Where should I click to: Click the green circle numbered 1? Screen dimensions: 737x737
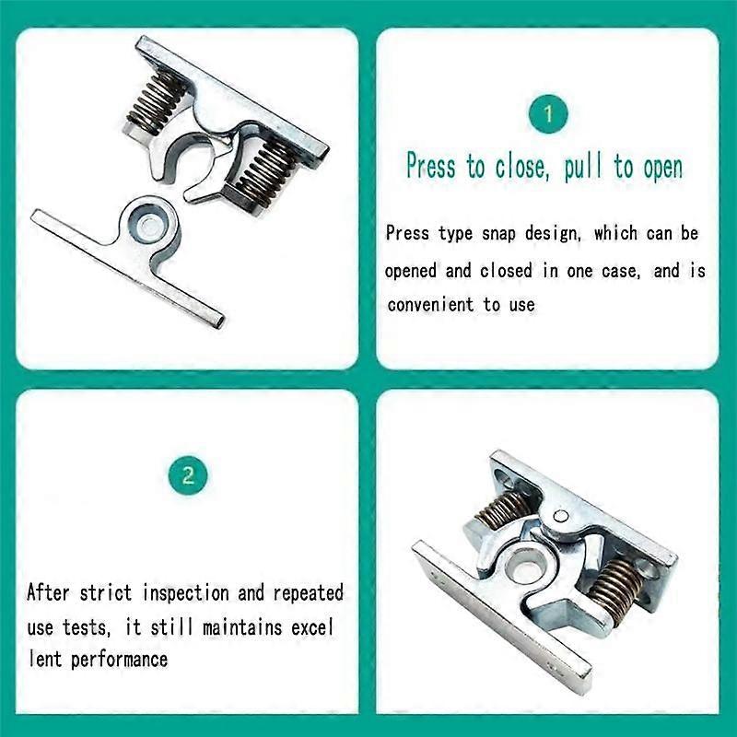548,114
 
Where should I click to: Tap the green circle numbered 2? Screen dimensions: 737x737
188,475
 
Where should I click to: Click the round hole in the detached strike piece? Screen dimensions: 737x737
146,221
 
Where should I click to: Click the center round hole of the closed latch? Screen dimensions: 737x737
525,559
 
